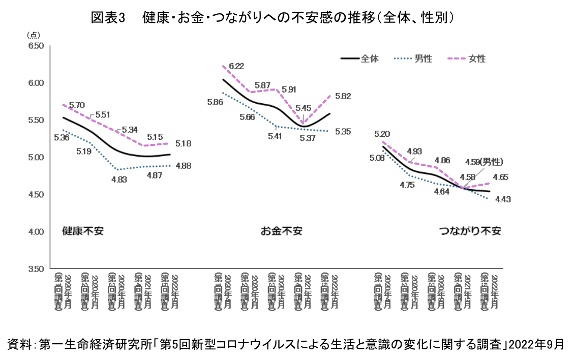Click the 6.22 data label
point(236,66)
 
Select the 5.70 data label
point(77,106)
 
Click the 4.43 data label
point(502,199)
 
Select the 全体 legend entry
point(370,58)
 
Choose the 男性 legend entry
point(423,58)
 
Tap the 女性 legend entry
point(476,58)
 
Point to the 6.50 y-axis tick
point(36,46)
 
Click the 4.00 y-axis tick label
point(36,232)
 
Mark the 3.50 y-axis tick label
point(36,269)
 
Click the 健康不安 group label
point(82,231)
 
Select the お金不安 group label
point(281,231)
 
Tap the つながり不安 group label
point(470,231)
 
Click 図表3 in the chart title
point(108,17)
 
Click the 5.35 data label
point(344,132)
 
